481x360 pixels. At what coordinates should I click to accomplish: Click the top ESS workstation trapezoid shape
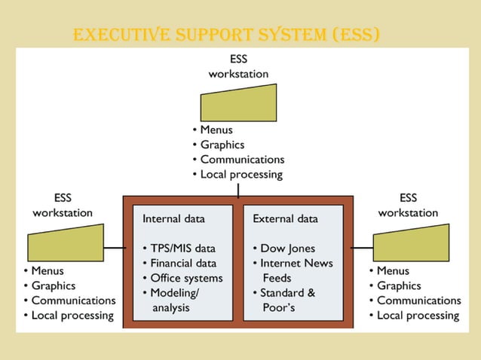click(238, 102)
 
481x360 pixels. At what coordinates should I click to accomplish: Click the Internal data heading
click(173, 219)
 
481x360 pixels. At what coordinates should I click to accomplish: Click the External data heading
click(285, 219)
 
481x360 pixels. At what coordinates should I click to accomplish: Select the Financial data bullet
click(182, 263)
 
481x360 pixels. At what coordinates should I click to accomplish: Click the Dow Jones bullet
click(287, 249)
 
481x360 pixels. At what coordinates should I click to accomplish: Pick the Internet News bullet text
click(296, 263)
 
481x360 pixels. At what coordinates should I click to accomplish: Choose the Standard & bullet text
click(287, 292)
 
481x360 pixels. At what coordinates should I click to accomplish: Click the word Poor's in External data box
click(278, 307)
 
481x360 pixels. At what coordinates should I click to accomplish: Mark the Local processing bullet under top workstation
click(240, 174)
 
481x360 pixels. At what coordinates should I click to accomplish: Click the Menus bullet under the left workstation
click(47, 270)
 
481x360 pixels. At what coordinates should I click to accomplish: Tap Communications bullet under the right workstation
click(418, 301)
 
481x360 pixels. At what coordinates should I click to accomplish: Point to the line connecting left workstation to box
click(114, 248)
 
